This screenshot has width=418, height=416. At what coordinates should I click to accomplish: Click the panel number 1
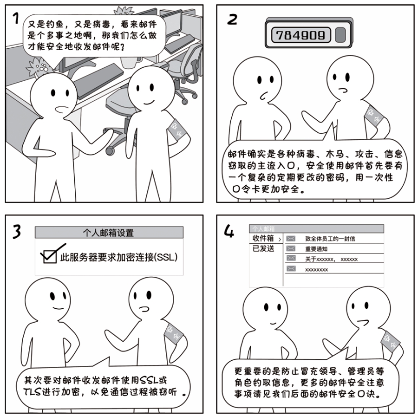[x=16, y=19]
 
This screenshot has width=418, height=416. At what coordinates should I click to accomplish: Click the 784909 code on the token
[x=300, y=34]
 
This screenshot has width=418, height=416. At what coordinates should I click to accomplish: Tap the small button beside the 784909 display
[x=340, y=34]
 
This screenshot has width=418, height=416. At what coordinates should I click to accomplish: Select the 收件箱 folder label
[x=263, y=239]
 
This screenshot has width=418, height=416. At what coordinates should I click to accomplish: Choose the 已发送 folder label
[x=263, y=248]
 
